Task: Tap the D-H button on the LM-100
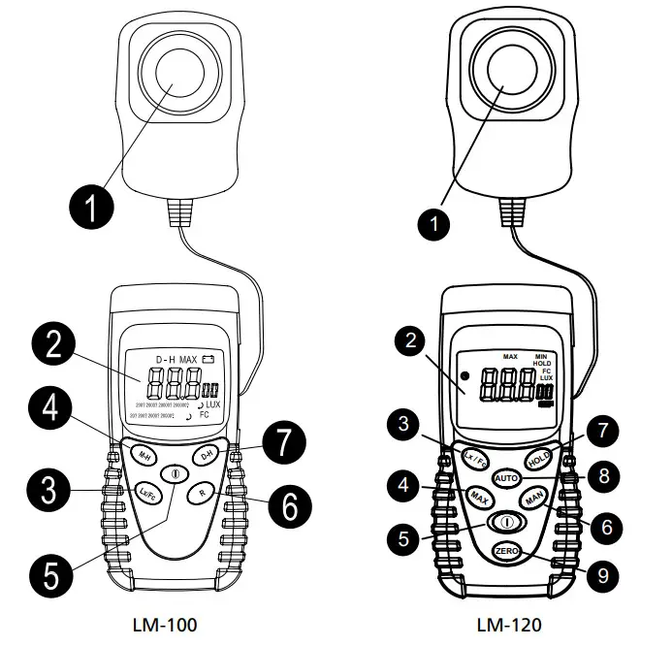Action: [x=206, y=455]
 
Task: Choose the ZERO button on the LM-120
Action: [x=506, y=551]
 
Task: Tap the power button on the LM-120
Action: [x=506, y=522]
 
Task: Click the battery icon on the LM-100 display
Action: [x=208, y=360]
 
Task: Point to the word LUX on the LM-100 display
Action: [x=213, y=402]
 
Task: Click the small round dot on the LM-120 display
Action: [x=464, y=375]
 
